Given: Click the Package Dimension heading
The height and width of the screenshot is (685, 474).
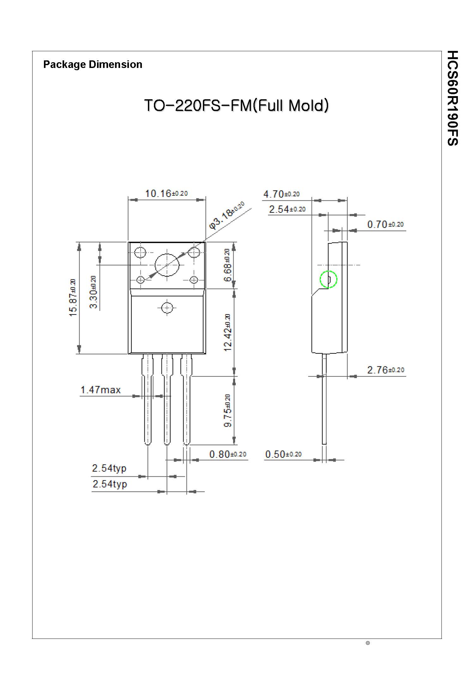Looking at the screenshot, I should [x=93, y=64].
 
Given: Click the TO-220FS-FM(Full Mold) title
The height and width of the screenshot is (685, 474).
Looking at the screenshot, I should [x=236, y=106].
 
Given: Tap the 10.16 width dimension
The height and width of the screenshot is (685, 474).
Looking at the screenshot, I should [x=166, y=193].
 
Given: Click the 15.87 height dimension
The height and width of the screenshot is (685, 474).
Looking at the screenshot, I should [x=73, y=298].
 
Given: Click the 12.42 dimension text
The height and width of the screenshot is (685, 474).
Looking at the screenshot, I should [x=228, y=333].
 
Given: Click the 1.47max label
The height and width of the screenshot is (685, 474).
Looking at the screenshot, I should [x=100, y=390].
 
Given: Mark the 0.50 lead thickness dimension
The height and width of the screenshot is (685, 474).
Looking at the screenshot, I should [x=283, y=454].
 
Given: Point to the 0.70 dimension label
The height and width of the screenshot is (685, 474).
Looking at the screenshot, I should [x=385, y=224].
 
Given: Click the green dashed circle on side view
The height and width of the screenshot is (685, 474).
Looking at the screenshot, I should [x=329, y=279].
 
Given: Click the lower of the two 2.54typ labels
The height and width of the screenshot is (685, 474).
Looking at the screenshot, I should [x=110, y=484].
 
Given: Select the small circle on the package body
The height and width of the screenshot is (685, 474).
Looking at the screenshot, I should [x=167, y=308].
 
